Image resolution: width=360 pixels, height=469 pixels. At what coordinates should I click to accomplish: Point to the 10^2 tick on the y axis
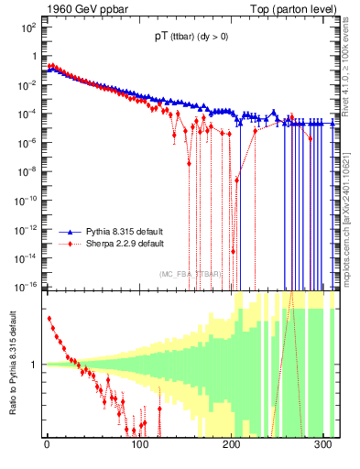pos(29,27)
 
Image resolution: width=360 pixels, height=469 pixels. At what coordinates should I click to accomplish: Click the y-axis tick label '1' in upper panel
pos(34,56)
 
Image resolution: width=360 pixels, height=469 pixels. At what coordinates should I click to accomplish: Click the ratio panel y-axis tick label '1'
pos(35,365)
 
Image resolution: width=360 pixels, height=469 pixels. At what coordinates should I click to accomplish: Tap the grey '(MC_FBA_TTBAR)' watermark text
pos(191,274)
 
